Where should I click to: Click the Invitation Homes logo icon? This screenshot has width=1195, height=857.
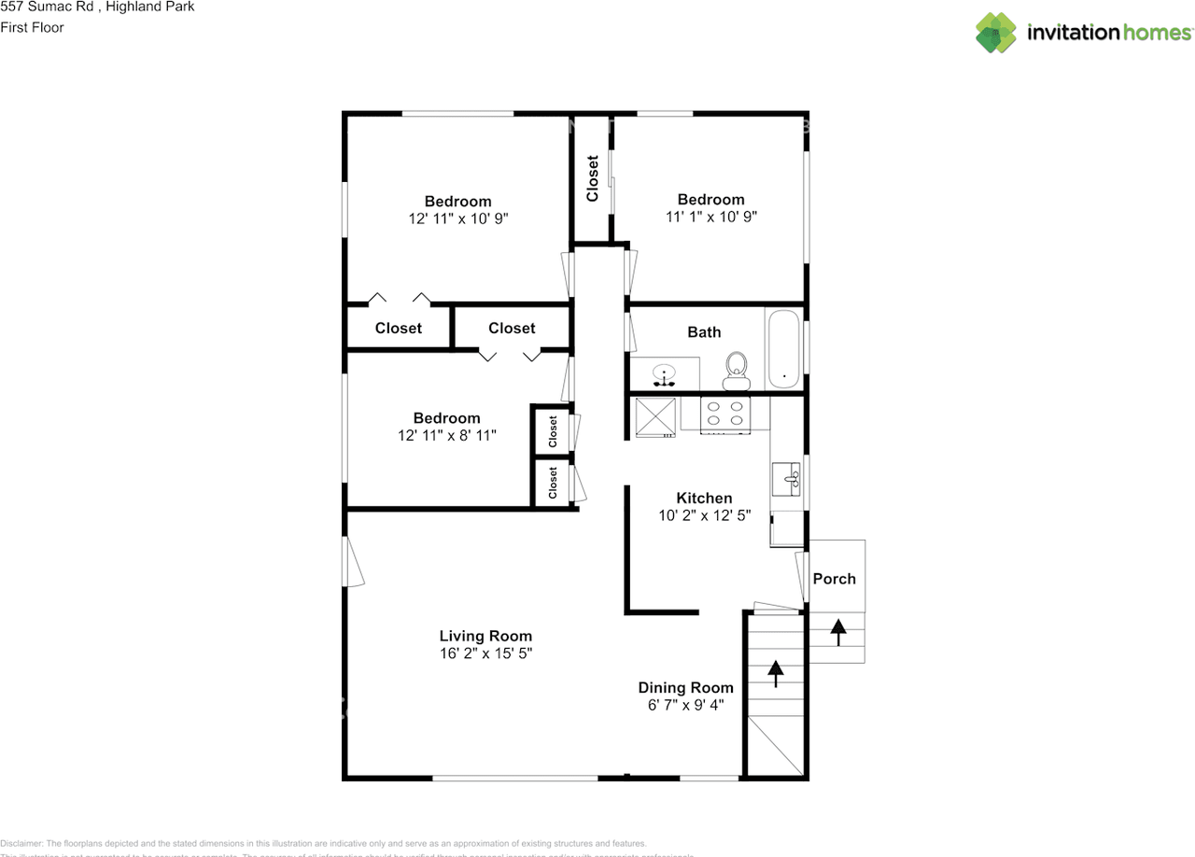pos(996,33)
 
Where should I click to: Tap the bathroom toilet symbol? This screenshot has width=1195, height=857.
pos(737,371)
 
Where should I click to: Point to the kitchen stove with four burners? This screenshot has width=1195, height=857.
pos(725,414)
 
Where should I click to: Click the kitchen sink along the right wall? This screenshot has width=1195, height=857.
pos(787,479)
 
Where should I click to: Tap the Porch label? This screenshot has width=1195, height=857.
pos(834,579)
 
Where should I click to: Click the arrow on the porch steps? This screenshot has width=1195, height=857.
pos(838,632)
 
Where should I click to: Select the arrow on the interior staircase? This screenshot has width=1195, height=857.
pos(775,672)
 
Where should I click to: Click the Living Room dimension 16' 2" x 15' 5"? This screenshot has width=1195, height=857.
pos(485,653)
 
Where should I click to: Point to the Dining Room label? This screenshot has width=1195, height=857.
pos(686,688)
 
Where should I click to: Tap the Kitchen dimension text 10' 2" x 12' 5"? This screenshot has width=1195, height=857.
pos(704,514)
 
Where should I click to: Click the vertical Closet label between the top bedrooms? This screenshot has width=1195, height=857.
pos(592,178)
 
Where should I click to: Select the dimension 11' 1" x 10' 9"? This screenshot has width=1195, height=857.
pos(710,217)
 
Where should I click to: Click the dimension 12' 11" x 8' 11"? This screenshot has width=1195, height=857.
pos(446,435)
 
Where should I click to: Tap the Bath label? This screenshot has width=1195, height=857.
pos(704,332)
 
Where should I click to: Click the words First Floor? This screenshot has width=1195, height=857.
pos(33,27)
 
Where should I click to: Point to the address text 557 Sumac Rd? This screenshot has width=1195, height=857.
pos(46,7)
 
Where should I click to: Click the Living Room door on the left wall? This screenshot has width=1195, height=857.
pos(353,560)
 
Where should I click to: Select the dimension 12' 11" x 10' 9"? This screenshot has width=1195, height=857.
pos(457,218)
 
